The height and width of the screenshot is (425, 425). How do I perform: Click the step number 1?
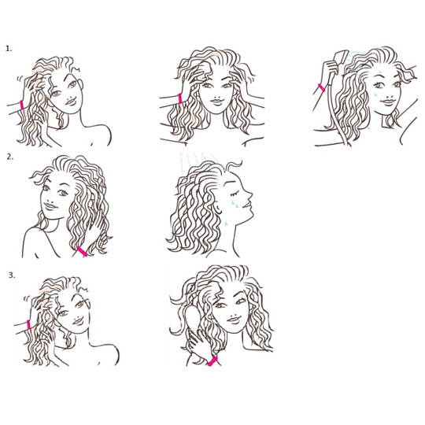[x=9, y=49]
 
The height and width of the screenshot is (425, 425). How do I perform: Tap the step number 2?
[x=9, y=157]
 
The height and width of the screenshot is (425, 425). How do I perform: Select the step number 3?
[x=12, y=275]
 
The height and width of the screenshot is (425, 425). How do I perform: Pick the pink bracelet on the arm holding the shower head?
[x=321, y=88]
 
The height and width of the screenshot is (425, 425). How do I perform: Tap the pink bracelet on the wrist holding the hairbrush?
[x=213, y=361]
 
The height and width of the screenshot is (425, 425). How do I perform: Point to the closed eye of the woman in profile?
[x=234, y=194]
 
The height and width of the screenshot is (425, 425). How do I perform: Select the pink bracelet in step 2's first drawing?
[x=82, y=251]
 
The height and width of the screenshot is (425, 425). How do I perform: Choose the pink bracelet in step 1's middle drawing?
[x=180, y=98]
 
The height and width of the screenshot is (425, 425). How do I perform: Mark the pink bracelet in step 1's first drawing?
[x=22, y=105]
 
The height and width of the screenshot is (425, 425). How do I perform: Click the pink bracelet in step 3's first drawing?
[x=28, y=324]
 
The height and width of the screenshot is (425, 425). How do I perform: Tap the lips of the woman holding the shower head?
[x=389, y=102]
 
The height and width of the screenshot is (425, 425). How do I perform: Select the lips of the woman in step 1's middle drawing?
[x=217, y=102]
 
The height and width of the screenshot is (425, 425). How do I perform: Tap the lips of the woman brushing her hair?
[x=234, y=320]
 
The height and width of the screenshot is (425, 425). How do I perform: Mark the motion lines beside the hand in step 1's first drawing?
[x=20, y=79]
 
